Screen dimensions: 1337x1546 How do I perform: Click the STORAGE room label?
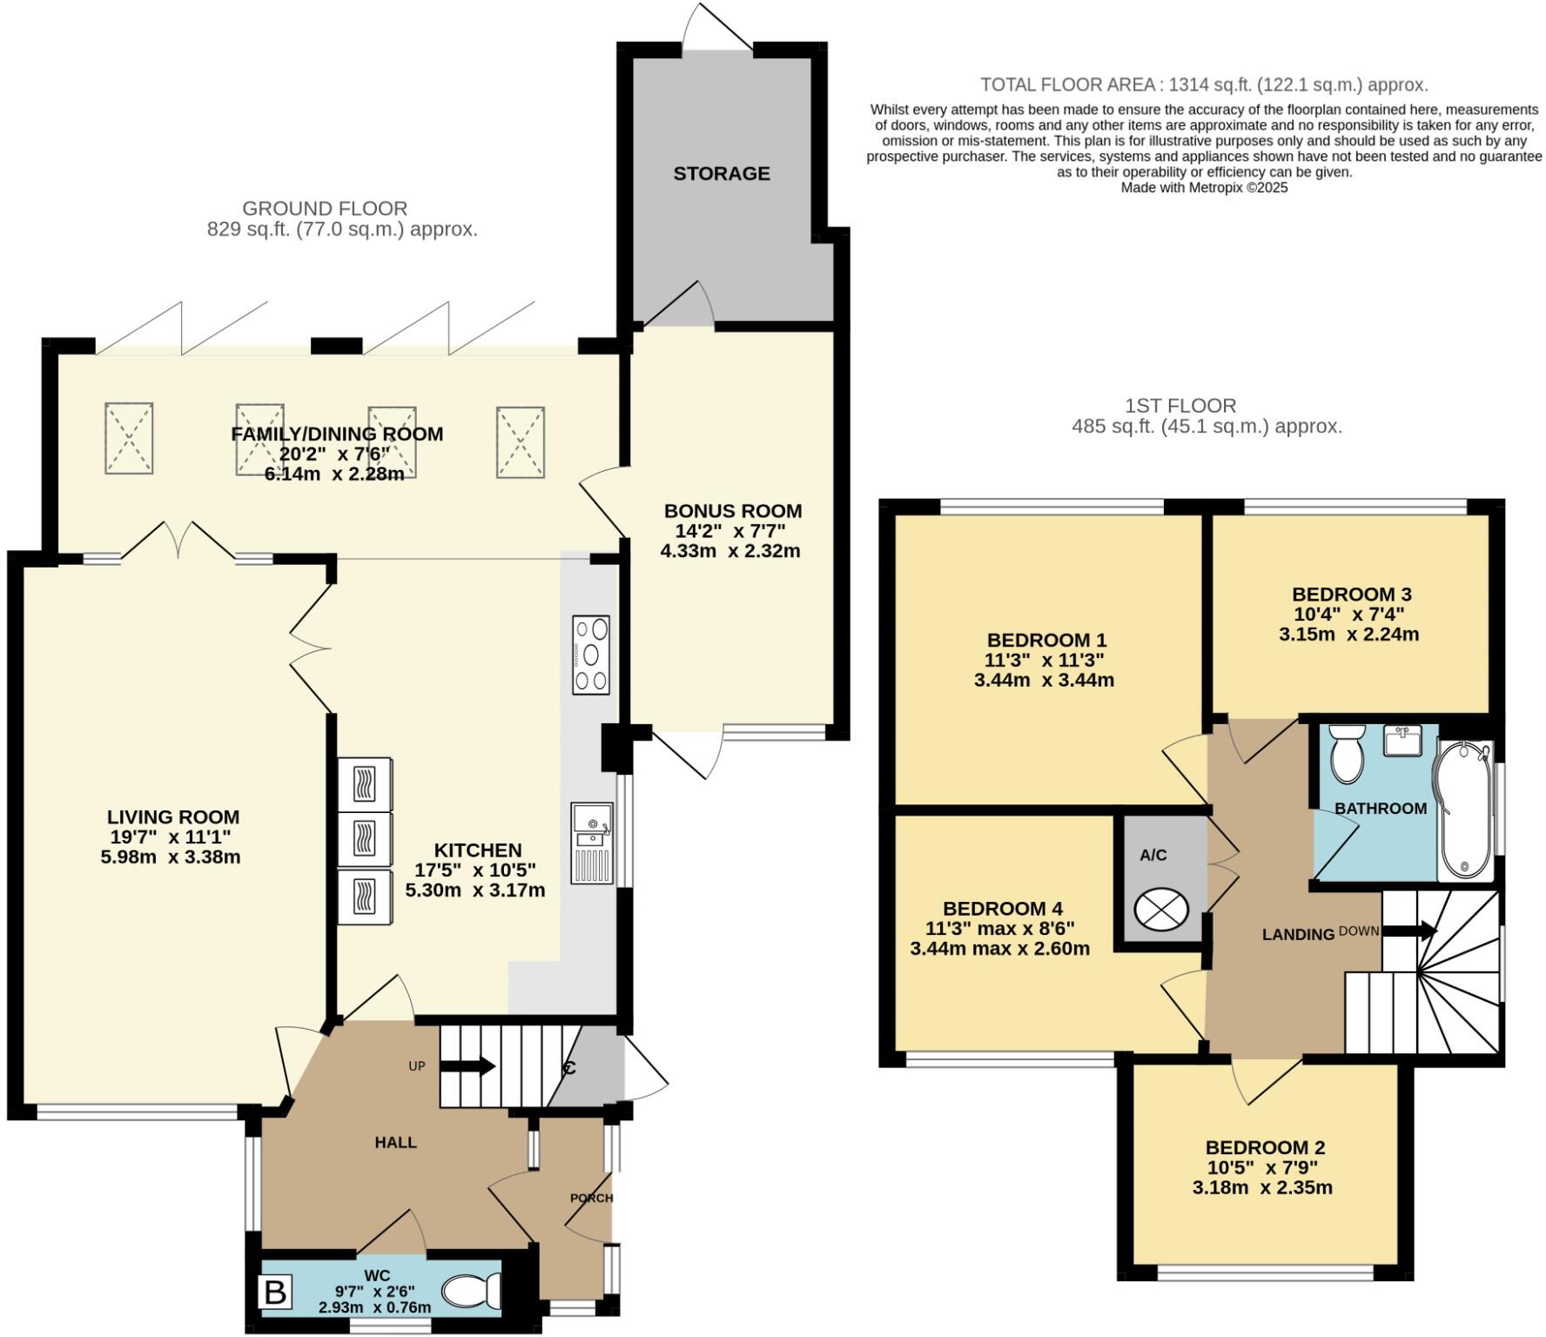721,173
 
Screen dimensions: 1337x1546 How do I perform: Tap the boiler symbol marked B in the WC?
275,1292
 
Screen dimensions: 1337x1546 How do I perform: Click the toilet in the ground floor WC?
472,1291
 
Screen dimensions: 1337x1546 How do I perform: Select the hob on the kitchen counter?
591,655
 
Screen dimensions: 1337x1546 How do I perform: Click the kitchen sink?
592,823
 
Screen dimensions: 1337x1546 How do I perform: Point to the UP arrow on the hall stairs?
468,1066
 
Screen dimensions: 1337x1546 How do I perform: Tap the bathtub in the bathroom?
1464,810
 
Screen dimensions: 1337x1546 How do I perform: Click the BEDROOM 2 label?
1264,1147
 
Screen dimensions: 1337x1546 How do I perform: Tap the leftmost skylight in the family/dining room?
129,438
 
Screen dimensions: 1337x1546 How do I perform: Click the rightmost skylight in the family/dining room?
521,441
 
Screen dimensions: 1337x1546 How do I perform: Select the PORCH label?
591,1198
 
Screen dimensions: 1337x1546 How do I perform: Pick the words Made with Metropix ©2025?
1203,187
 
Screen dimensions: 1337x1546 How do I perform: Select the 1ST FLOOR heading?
1180,405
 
